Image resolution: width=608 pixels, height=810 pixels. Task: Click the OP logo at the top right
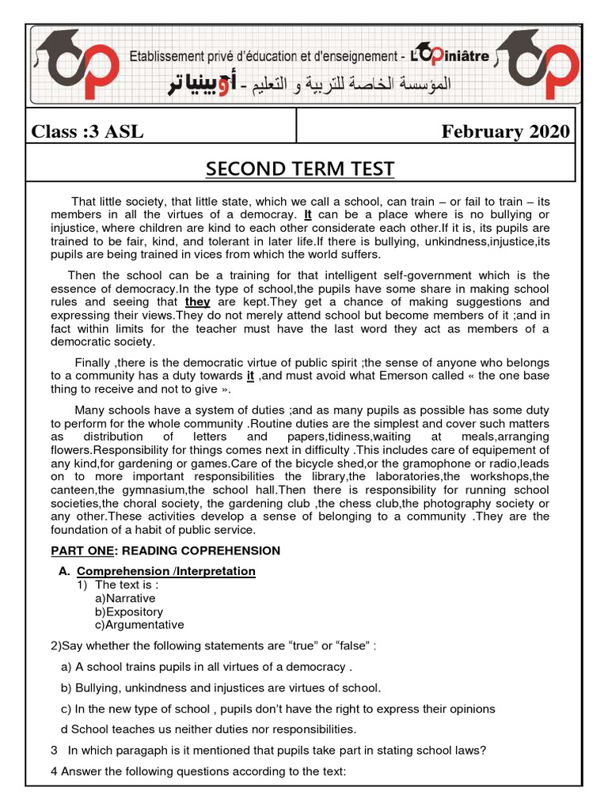[x=538, y=66]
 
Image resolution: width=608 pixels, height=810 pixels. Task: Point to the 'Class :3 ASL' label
[x=88, y=131]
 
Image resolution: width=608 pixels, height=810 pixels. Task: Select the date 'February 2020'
[x=505, y=131]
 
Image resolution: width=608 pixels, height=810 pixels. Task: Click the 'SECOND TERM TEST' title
[x=300, y=169]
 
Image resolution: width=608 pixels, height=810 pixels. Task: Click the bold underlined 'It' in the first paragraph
[x=308, y=214]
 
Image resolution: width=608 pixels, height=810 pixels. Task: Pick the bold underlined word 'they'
[x=198, y=301]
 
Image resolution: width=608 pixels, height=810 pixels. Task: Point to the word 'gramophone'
[x=421, y=463]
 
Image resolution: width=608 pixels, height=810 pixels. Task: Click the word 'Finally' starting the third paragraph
[x=93, y=361]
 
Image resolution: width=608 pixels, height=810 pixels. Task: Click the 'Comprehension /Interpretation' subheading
[x=166, y=571]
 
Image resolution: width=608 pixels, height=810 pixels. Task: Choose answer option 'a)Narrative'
[x=125, y=598]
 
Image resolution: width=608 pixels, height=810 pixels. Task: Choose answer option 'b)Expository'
[x=129, y=611]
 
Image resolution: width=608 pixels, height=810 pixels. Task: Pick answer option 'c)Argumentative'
[x=139, y=625]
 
